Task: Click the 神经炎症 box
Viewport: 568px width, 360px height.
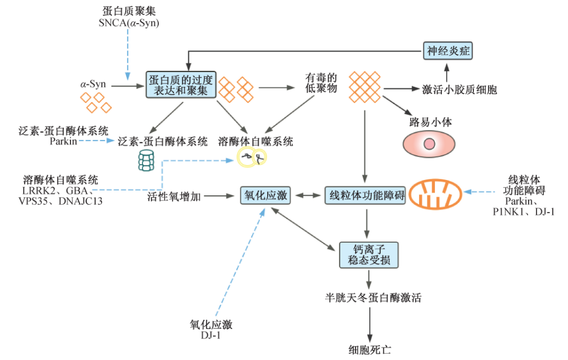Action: (448, 51)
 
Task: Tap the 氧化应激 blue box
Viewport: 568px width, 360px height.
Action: (266, 196)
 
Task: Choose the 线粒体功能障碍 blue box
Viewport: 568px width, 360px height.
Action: (365, 196)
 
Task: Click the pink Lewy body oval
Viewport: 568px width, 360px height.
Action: (429, 143)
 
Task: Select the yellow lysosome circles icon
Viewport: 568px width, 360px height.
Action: (252, 156)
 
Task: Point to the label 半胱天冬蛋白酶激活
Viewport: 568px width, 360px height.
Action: (373, 298)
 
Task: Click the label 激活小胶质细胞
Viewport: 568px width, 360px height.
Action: (460, 89)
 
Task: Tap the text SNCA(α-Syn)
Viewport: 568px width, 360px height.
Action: (129, 23)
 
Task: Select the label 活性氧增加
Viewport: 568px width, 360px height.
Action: (174, 196)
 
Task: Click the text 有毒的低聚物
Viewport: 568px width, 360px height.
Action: (320, 83)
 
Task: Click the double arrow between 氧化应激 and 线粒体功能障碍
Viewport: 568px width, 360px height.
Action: (306, 196)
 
